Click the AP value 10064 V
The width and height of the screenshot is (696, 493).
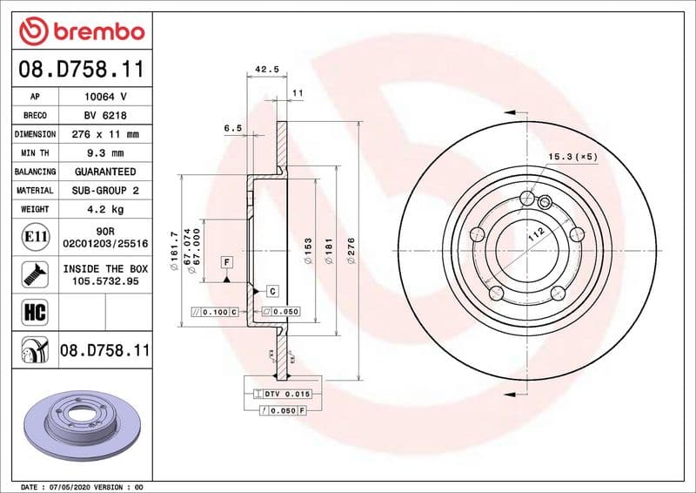[106, 96]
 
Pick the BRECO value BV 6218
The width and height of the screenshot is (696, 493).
[106, 115]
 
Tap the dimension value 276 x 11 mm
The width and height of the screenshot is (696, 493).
[106, 134]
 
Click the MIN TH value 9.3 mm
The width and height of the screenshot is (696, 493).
[106, 153]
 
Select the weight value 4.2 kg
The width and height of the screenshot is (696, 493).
[106, 209]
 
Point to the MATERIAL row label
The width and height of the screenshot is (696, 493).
[36, 190]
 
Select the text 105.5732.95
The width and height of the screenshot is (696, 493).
[105, 282]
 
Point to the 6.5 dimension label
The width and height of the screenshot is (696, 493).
[232, 128]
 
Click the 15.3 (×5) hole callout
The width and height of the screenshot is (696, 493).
[572, 157]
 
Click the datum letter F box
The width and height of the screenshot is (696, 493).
[225, 262]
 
